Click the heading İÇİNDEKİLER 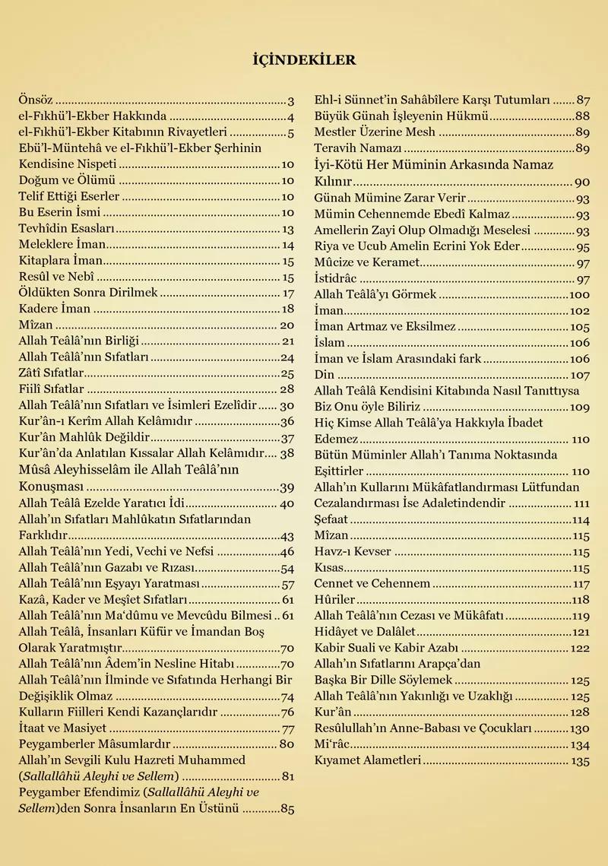pyautogui.click(x=303, y=60)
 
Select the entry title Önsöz pyautogui.click(x=36, y=100)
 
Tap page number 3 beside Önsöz pyautogui.click(x=291, y=100)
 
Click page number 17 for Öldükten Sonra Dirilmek pyautogui.click(x=288, y=293)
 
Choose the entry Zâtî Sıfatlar pyautogui.click(x=51, y=373)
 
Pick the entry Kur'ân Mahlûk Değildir pyautogui.click(x=84, y=438)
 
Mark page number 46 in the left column pyautogui.click(x=287, y=551)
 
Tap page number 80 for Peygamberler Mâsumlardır pyautogui.click(x=287, y=744)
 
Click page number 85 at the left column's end pyautogui.click(x=287, y=809)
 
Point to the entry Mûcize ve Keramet pyautogui.click(x=367, y=262)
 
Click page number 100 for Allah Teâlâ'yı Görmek pyautogui.click(x=579, y=294)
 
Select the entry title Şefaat pyautogui.click(x=332, y=520)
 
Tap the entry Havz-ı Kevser pyautogui.click(x=353, y=552)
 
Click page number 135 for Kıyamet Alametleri pyautogui.click(x=580, y=760)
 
